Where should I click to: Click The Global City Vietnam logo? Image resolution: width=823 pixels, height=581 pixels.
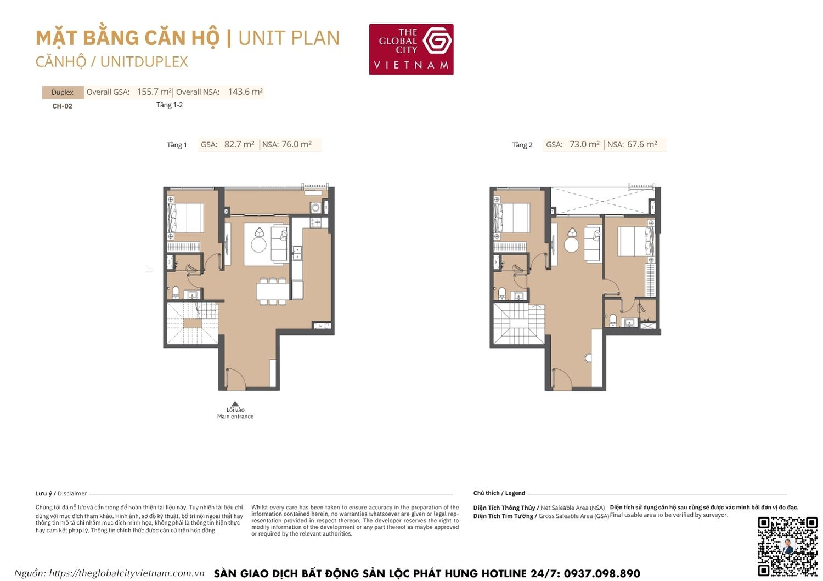[411, 49]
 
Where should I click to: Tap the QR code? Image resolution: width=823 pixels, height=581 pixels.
[787, 546]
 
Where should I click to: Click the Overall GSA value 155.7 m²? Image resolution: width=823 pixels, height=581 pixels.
[154, 92]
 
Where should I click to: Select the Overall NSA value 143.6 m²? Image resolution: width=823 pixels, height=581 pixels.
[245, 92]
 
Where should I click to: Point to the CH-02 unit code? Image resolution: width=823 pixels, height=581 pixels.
[62, 106]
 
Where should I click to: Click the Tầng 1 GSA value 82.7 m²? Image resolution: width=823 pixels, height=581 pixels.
[239, 145]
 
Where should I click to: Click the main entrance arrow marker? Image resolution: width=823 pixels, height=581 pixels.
[235, 404]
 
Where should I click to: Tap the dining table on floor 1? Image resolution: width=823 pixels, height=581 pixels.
[272, 290]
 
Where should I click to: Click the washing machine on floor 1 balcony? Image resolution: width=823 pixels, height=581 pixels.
[315, 207]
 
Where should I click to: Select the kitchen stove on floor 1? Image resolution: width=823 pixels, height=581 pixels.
[315, 223]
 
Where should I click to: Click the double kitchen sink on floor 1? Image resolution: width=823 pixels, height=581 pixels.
[297, 253]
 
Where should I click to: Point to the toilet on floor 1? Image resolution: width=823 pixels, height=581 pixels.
[176, 292]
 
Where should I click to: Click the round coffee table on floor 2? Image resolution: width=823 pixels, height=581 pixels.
[572, 244]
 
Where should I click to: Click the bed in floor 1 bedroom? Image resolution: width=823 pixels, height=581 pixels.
[185, 218]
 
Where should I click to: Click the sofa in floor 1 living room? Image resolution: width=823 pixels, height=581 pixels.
[279, 242]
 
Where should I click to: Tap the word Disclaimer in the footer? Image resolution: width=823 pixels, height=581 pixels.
[72, 494]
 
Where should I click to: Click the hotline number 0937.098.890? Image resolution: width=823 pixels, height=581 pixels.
[601, 573]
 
